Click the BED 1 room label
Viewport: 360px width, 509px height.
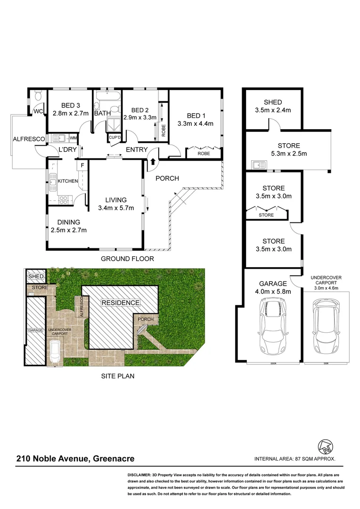tap(196, 116)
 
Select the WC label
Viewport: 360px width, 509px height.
tap(38, 112)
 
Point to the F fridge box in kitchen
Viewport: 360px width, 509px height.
tap(82, 166)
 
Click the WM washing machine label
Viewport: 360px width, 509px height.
tap(74, 138)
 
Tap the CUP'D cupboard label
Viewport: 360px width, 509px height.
tap(115, 138)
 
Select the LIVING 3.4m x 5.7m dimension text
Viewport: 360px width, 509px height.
tap(116, 208)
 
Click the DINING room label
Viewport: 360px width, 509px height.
tap(69, 222)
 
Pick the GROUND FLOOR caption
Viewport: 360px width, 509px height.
tap(128, 259)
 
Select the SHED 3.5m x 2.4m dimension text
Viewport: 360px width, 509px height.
tap(273, 110)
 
